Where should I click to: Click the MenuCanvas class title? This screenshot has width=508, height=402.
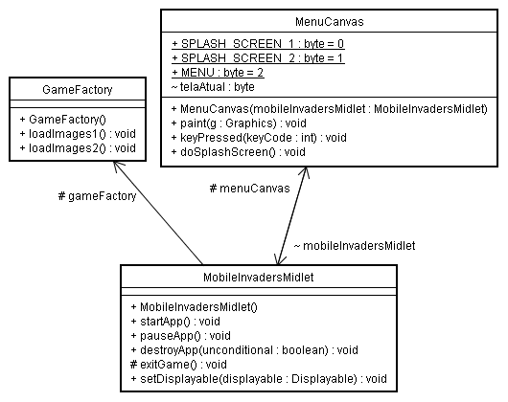coord(328,20)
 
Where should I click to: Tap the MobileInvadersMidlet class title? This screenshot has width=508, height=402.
coord(261,279)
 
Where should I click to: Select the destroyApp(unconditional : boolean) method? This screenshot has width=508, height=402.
coord(243,349)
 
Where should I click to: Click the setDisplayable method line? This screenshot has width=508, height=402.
coord(257,379)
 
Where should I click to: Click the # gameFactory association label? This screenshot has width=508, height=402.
coord(96,195)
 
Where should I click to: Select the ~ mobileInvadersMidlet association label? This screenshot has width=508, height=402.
coord(354,246)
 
